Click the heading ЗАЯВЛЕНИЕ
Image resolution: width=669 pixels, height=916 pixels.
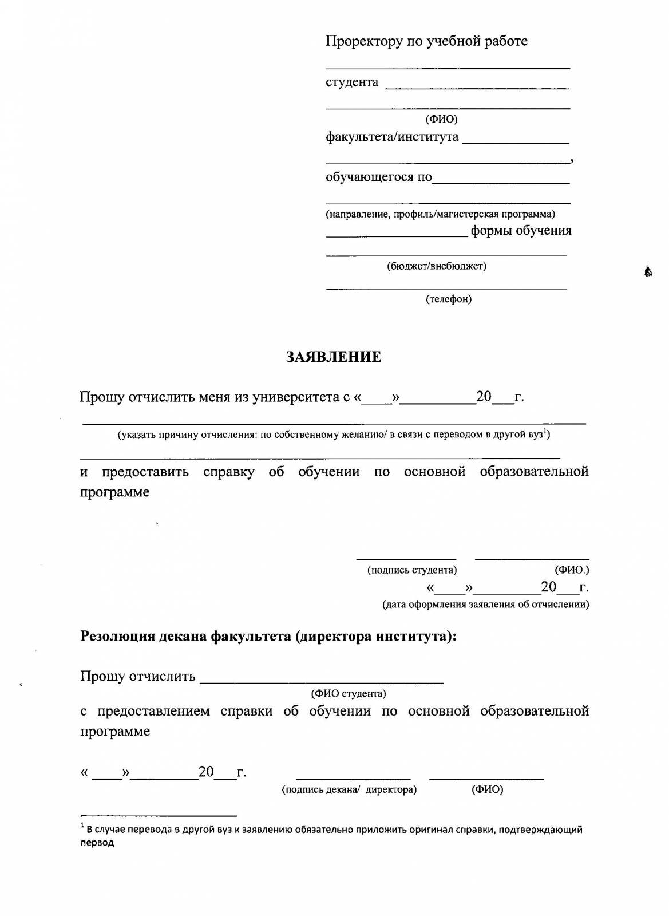click(x=334, y=357)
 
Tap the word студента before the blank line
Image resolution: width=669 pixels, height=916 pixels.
click(x=352, y=82)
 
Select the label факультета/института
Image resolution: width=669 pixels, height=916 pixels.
click(x=392, y=137)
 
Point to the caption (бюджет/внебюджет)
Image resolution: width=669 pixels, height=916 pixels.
click(x=437, y=266)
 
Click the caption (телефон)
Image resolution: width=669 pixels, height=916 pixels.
click(x=449, y=299)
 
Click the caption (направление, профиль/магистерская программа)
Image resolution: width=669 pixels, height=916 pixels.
click(x=440, y=214)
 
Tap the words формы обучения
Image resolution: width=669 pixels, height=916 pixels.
click(x=521, y=231)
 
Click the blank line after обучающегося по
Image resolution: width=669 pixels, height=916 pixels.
click(x=501, y=183)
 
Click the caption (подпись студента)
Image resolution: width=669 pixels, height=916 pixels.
click(x=412, y=570)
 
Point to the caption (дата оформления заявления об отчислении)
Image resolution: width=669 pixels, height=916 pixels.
click(x=486, y=604)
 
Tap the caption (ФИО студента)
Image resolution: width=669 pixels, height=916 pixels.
click(x=349, y=693)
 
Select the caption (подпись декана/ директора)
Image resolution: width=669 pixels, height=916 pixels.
click(x=349, y=789)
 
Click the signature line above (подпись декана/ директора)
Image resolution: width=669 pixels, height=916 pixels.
click(x=353, y=778)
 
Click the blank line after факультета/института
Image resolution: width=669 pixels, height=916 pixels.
click(x=515, y=141)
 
